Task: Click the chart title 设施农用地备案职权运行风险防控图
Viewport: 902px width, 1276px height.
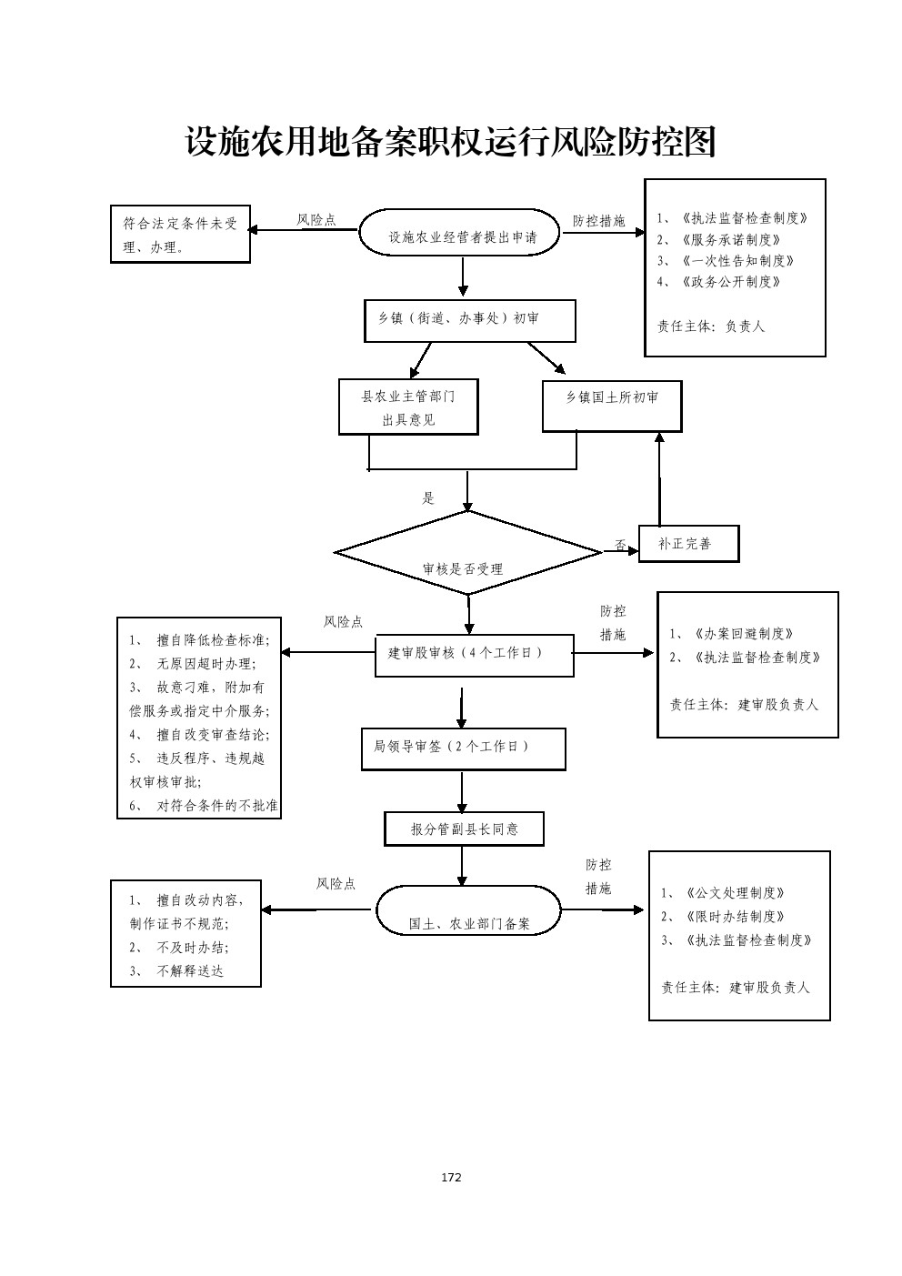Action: pyautogui.click(x=451, y=142)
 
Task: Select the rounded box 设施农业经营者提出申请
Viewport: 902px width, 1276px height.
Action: pyautogui.click(x=462, y=234)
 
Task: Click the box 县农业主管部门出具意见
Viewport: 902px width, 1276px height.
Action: pyautogui.click(x=408, y=407)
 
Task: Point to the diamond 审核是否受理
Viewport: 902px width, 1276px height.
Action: pyautogui.click(x=467, y=553)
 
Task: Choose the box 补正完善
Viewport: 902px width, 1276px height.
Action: pyautogui.click(x=688, y=544)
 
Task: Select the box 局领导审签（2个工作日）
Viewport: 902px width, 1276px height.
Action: pyautogui.click(x=463, y=749)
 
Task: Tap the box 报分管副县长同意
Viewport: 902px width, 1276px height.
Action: pyautogui.click(x=464, y=829)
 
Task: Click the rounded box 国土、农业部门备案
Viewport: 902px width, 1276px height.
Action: pyautogui.click(x=468, y=911)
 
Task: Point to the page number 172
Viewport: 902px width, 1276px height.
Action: pyautogui.click(x=451, y=1177)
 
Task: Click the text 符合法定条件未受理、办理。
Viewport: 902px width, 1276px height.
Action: pyautogui.click(x=180, y=235)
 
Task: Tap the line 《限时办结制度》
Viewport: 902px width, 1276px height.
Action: pyautogui.click(x=735, y=917)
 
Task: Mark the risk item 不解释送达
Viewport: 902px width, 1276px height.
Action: pyautogui.click(x=189, y=970)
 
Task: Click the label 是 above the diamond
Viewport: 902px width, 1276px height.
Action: pyautogui.click(x=428, y=498)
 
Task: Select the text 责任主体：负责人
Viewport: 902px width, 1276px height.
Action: pyautogui.click(x=711, y=326)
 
